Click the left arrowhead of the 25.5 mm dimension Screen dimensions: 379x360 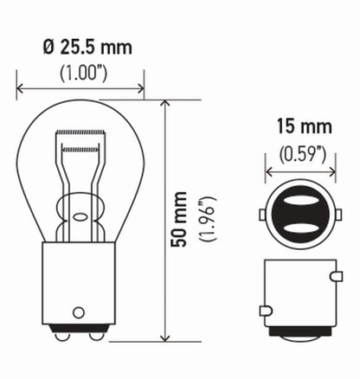pos(20,87)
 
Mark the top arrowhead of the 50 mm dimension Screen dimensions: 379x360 pos(164,103)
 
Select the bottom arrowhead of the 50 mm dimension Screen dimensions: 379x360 pos(164,340)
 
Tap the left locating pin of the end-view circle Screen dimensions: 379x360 pos(261,214)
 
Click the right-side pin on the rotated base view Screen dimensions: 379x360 pos(333,277)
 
